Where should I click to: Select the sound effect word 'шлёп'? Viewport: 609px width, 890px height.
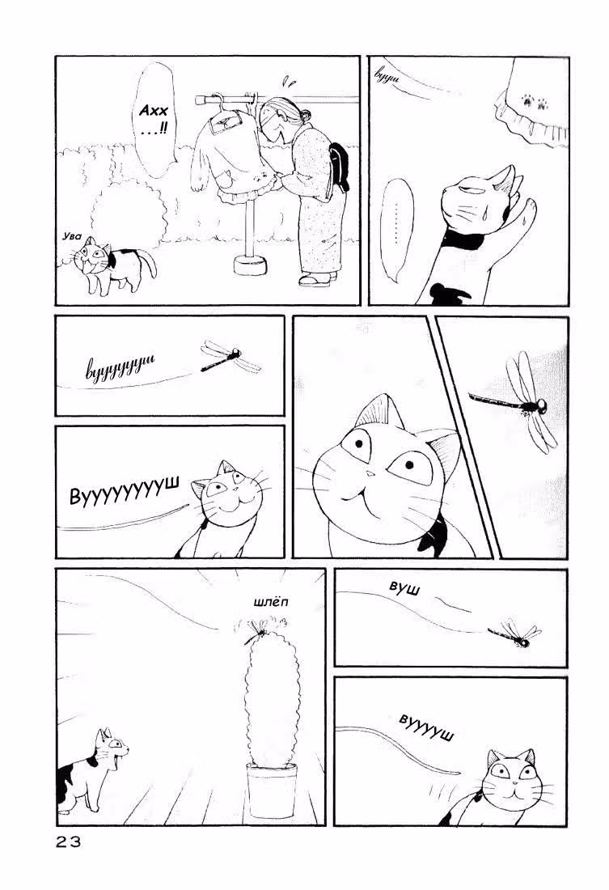(x=271, y=602)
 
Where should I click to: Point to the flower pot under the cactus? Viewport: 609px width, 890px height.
(x=272, y=790)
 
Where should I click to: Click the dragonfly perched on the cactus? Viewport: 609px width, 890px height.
(x=258, y=629)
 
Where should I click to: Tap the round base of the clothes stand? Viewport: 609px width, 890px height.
(x=250, y=265)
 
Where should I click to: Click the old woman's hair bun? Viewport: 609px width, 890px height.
(x=306, y=115)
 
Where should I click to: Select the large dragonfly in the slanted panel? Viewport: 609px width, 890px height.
(x=516, y=400)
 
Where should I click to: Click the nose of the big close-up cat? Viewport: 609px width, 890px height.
(x=370, y=473)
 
